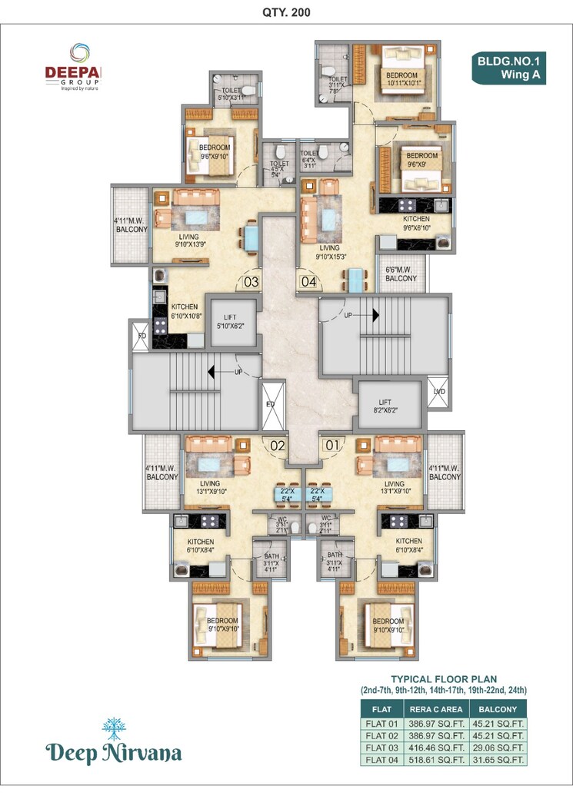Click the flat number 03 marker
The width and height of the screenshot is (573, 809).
click(252, 282)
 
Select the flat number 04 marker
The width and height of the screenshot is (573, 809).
click(309, 282)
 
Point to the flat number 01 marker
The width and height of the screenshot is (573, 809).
click(332, 445)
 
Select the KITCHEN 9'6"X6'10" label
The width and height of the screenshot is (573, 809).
click(416, 223)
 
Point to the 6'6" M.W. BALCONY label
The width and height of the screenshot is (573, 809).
click(401, 274)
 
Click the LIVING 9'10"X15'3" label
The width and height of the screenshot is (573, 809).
click(329, 252)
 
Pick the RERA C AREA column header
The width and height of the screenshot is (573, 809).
click(435, 709)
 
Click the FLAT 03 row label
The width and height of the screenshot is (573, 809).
click(383, 747)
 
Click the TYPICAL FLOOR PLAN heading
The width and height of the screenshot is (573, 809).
click(444, 679)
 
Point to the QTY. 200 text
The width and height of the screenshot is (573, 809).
click(286, 12)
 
